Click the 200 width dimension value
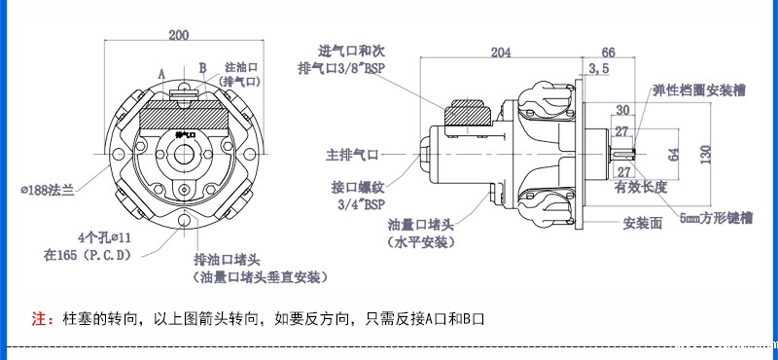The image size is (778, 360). [179, 36]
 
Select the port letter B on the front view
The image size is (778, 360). [202, 68]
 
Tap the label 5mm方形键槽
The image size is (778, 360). [716, 217]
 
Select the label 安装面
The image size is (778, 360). [643, 223]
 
